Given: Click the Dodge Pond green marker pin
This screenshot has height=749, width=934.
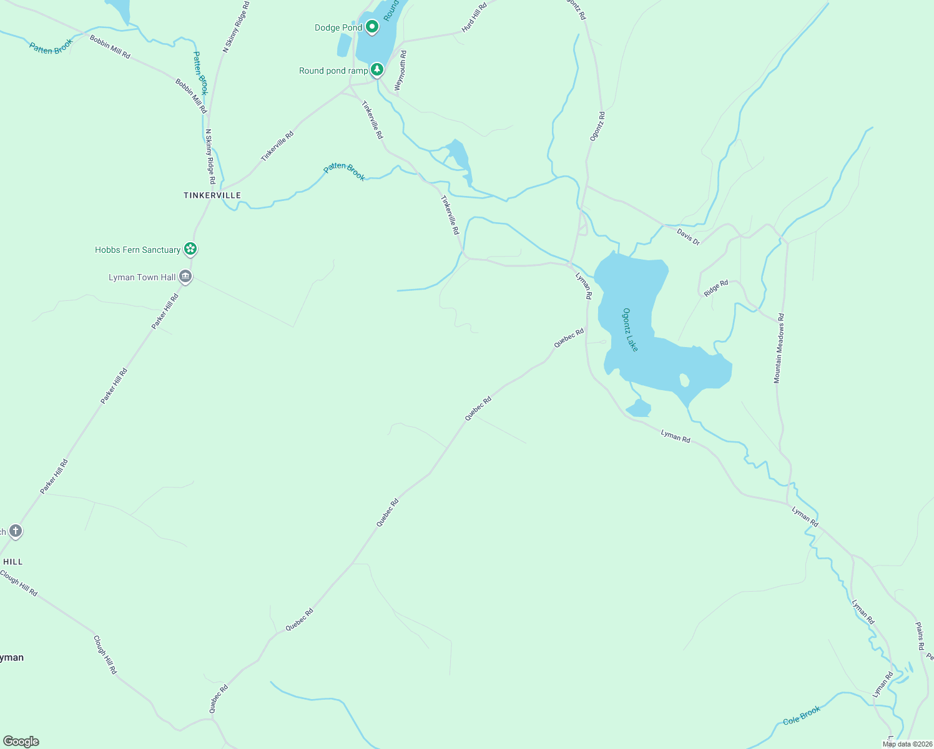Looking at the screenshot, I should (372, 27).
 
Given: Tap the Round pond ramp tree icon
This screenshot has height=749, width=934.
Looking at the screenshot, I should (376, 70).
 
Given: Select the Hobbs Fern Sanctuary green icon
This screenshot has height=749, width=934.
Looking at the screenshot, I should (191, 250).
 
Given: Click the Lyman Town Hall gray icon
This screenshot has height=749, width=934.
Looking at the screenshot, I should (185, 277).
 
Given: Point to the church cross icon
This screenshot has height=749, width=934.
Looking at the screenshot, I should (16, 531).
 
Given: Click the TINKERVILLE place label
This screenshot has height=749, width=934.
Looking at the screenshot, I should (212, 195).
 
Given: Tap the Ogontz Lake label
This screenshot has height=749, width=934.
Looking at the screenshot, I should (631, 330).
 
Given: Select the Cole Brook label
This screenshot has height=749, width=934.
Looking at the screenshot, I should (802, 716).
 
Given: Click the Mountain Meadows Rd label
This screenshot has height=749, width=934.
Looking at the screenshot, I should (779, 348).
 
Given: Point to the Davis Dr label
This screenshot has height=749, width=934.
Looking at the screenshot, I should (688, 237).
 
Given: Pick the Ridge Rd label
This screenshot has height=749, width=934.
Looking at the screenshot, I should (716, 288).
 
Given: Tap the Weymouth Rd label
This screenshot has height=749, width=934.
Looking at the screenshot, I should (400, 71).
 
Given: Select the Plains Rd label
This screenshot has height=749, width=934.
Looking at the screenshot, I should (920, 636).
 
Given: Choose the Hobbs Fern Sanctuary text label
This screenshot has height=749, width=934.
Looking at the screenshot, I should (137, 250).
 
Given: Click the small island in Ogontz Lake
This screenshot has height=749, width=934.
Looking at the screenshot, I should (684, 379).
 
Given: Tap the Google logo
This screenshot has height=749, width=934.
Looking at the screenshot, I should (21, 742).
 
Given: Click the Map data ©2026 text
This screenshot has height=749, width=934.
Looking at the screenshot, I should (907, 744).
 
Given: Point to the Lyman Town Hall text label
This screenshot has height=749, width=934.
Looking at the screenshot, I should (142, 277).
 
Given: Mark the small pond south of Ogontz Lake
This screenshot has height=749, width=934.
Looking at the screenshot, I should (639, 409).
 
